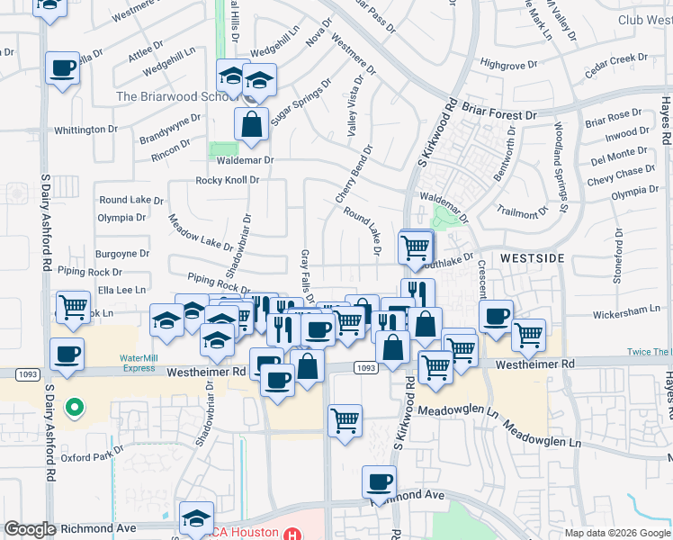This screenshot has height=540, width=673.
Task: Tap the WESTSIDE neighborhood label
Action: [x=532, y=258]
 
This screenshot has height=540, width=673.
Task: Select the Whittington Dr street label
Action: [x=86, y=130]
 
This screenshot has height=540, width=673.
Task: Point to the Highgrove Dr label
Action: [x=508, y=64]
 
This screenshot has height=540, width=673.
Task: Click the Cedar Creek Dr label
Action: [x=616, y=60]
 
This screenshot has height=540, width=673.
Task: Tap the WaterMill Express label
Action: [x=139, y=362]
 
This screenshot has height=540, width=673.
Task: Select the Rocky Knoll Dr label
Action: [x=228, y=180]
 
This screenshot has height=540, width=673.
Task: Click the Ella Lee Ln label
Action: [x=121, y=290]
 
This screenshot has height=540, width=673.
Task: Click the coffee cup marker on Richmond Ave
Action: [x=380, y=481]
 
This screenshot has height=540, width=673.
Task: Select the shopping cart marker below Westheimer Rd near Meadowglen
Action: [x=345, y=419]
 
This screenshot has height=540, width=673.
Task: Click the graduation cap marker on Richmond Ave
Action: [x=195, y=517]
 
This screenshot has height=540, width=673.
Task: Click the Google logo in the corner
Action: [x=30, y=529]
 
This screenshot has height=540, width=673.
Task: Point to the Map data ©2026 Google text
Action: [x=616, y=533]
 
